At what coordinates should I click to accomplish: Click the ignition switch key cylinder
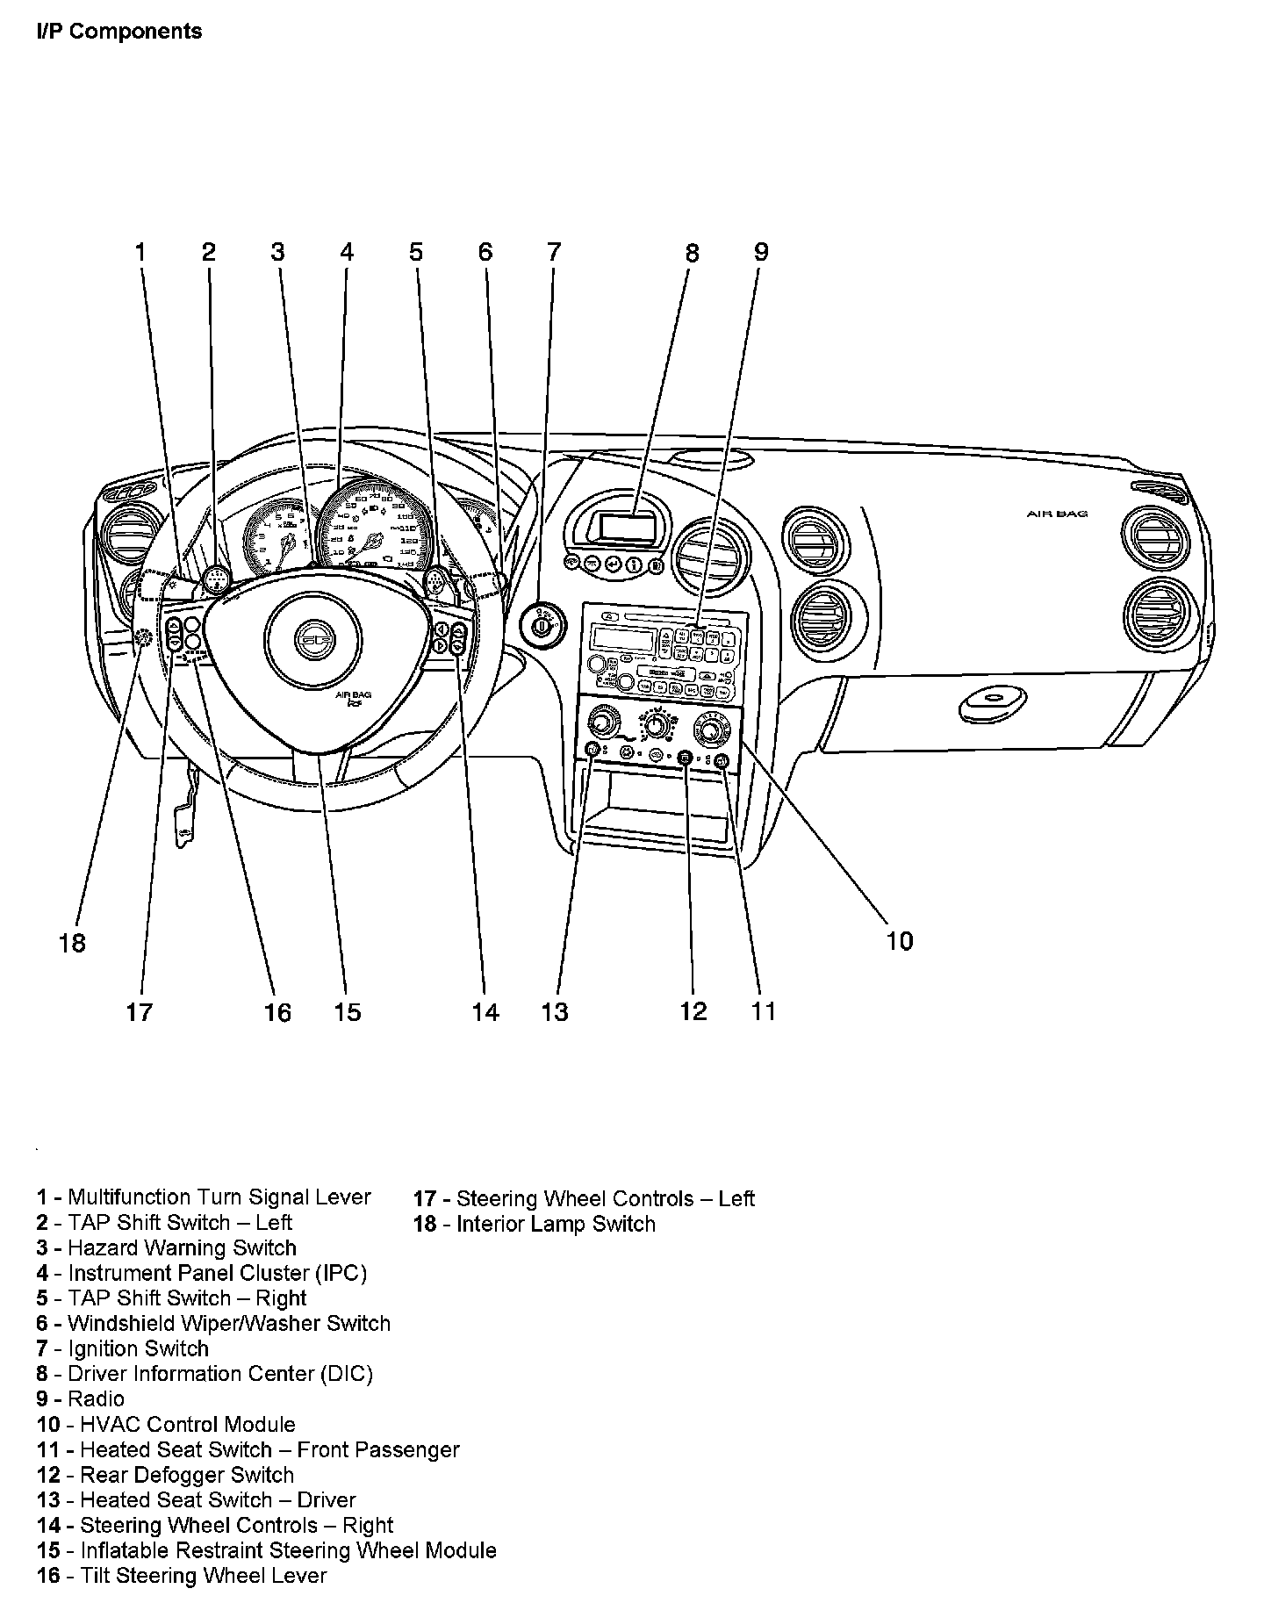542,627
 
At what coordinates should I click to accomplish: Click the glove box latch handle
993,701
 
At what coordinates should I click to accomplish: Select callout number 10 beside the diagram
900,941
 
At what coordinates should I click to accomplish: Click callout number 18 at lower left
73,944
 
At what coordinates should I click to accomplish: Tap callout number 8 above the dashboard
693,254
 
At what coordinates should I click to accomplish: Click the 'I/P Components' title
119,32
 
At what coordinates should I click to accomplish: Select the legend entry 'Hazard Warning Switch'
167,1247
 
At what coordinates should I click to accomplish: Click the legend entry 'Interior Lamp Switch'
535,1224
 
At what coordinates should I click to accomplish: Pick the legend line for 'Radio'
81,1398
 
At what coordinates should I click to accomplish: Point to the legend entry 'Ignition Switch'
123,1348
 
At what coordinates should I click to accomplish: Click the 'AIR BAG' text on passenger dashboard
1057,514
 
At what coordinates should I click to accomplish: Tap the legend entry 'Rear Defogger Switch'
166,1475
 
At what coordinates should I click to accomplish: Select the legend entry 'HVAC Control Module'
166,1424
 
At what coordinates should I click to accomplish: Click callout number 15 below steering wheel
348,1012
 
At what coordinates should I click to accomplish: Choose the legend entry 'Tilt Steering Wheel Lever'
182,1576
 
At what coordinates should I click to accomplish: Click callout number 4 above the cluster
347,253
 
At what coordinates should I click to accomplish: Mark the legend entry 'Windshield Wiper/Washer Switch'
213,1323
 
